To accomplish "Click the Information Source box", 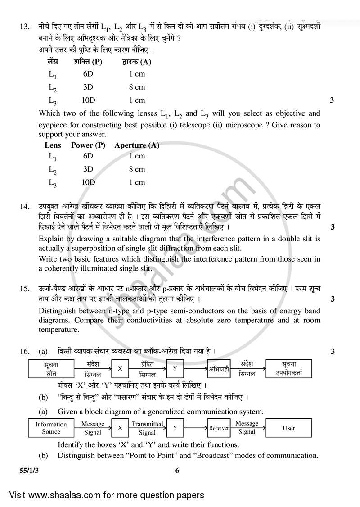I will [51, 428].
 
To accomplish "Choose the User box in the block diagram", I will [288, 428].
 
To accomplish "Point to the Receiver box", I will [219, 428].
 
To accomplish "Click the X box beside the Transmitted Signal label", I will [120, 428].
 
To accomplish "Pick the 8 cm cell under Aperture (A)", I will [137, 169].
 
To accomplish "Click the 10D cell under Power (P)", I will [88, 182].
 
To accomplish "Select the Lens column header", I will [53, 145].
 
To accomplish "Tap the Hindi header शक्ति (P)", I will [88, 62].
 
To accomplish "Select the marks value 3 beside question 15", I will [332, 299].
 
